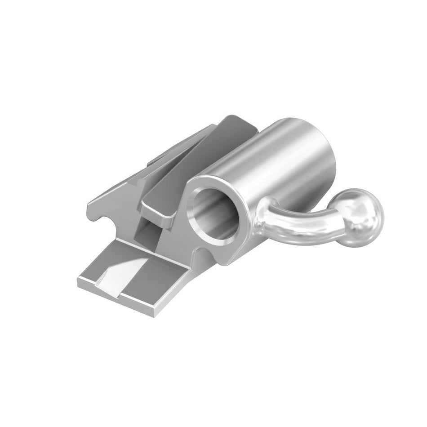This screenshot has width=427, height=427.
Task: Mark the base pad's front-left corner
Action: tap(81, 282)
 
